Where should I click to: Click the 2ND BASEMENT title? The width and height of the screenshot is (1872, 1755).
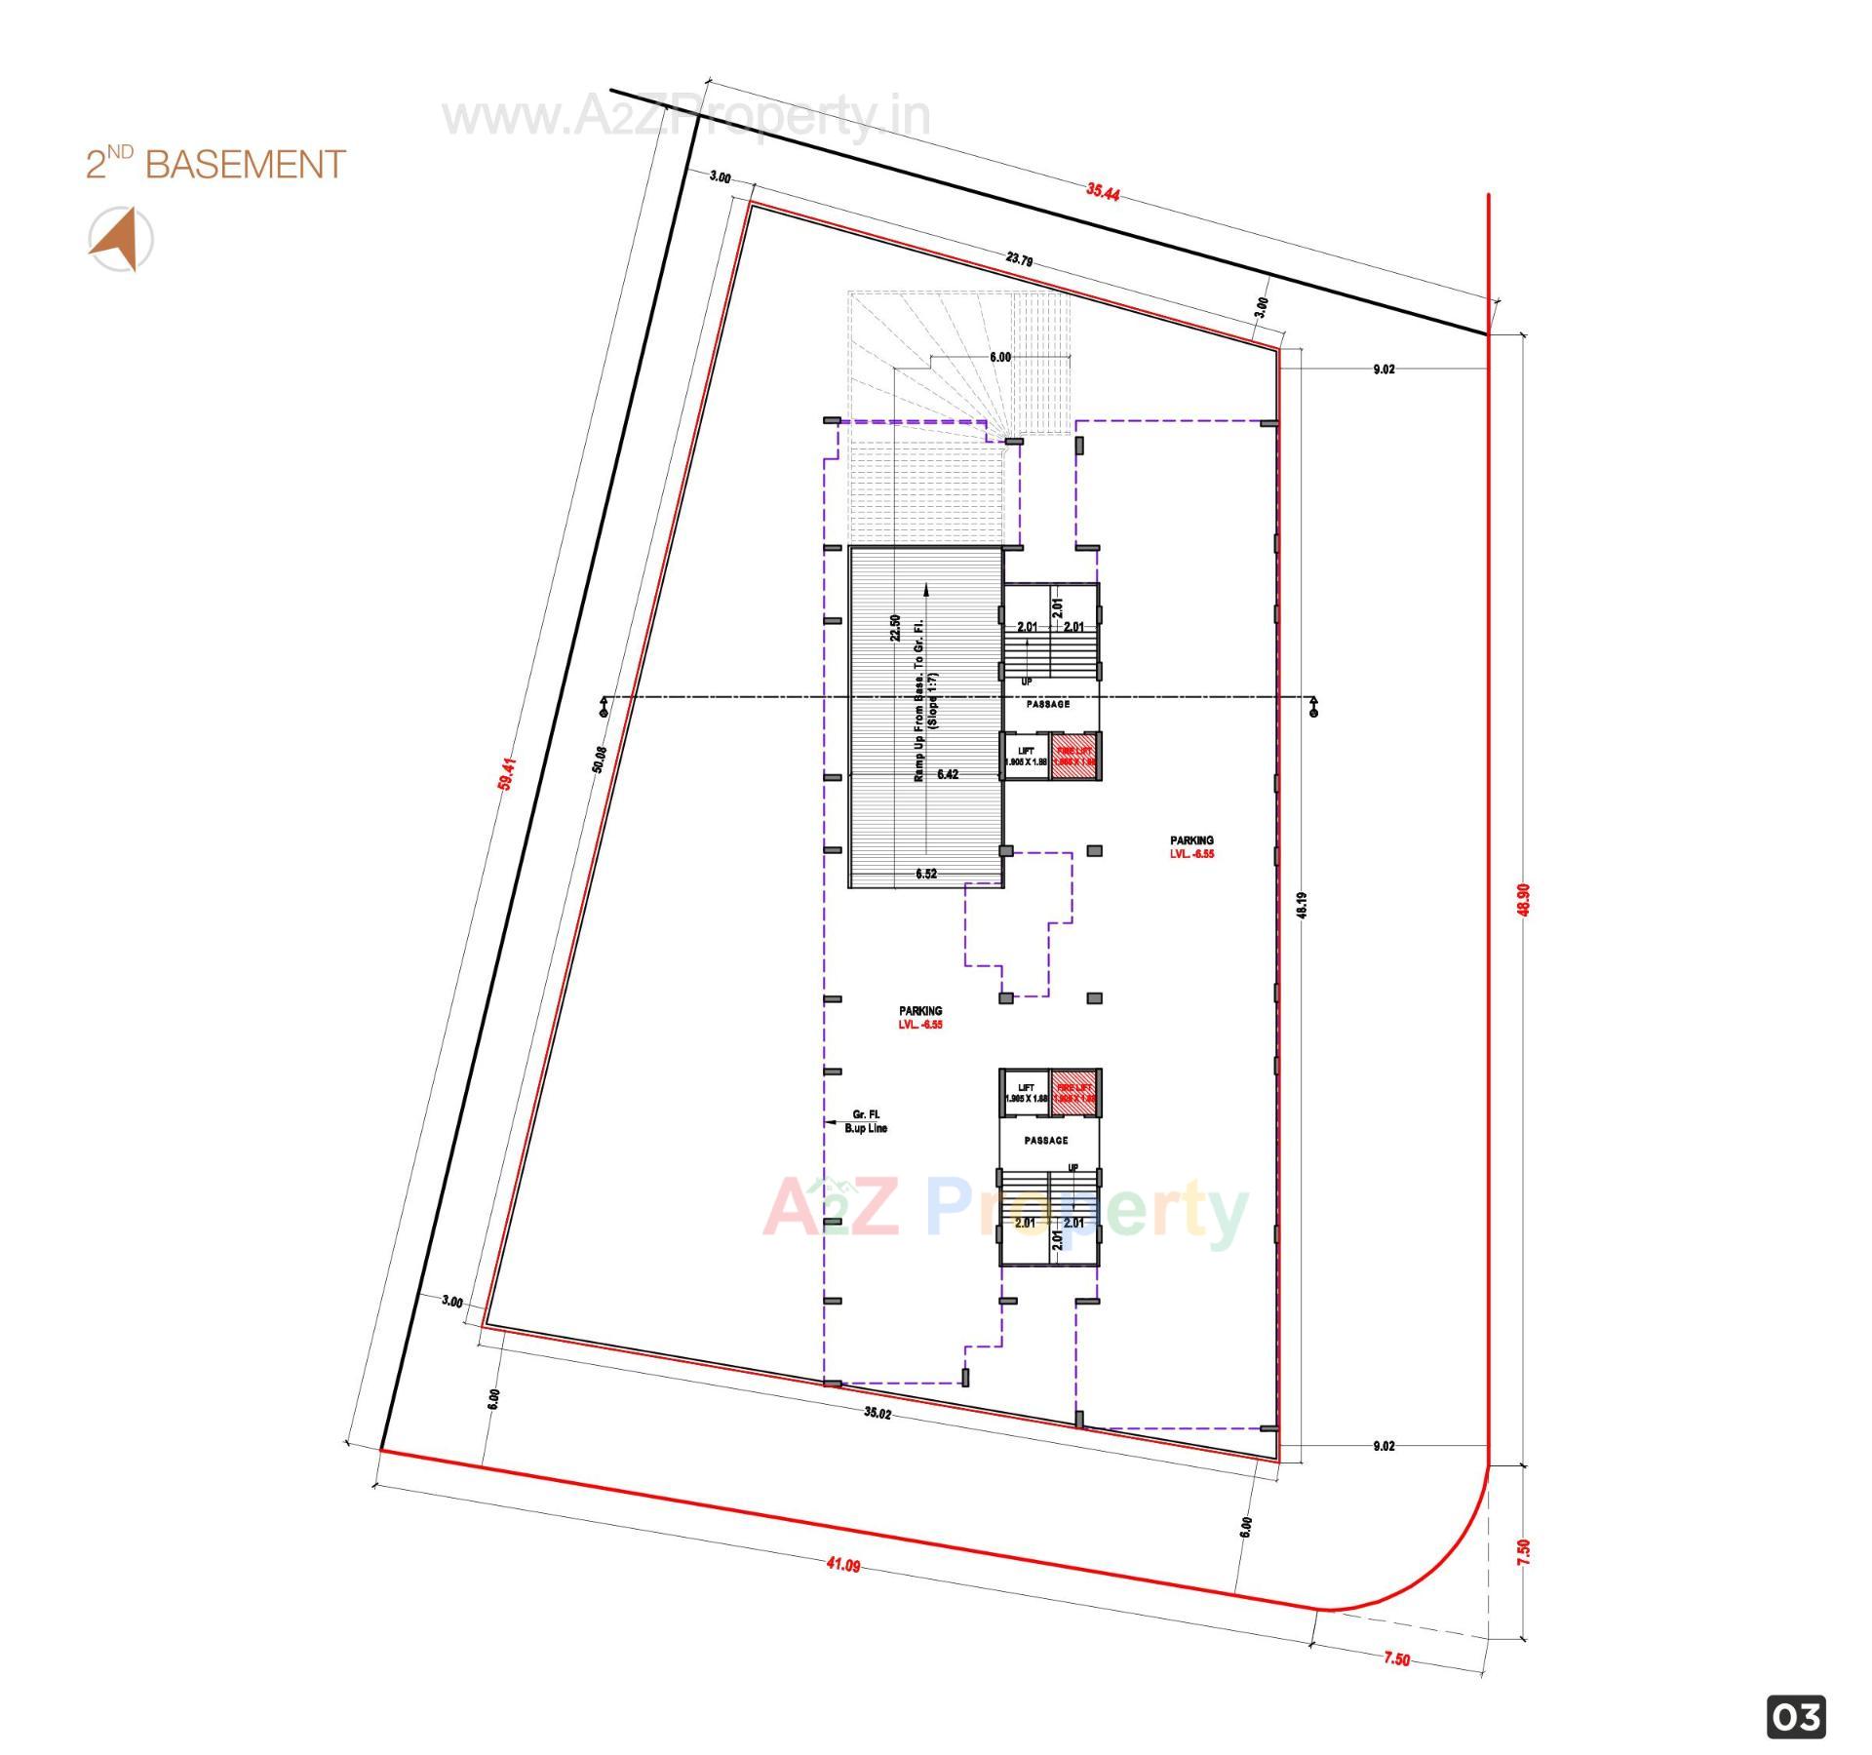pyautogui.click(x=215, y=164)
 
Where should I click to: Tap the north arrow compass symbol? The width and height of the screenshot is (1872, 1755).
pyautogui.click(x=120, y=239)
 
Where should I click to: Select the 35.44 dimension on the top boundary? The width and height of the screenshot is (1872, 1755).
pyautogui.click(x=1102, y=191)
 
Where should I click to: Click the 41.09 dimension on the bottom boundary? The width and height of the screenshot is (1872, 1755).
pyautogui.click(x=843, y=1565)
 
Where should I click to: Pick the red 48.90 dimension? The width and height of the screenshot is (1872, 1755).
pyautogui.click(x=1523, y=898)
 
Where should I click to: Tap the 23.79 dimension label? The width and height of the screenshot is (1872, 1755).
pyautogui.click(x=1019, y=259)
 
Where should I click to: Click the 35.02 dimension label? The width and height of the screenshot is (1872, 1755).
pyautogui.click(x=877, y=1413)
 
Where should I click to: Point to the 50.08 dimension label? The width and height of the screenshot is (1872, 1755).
pyautogui.click(x=600, y=760)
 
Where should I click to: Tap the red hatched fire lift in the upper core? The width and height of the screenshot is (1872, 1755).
pyautogui.click(x=1075, y=756)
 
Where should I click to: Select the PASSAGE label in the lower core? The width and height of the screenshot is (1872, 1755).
pyautogui.click(x=1045, y=1140)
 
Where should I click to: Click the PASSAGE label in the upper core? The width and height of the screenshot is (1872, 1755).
pyautogui.click(x=1047, y=704)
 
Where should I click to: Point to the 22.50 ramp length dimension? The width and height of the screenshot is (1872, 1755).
pyautogui.click(x=894, y=627)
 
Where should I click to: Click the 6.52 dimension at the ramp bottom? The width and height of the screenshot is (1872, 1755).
pyautogui.click(x=925, y=874)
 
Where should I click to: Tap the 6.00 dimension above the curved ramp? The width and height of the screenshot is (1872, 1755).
pyautogui.click(x=999, y=357)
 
